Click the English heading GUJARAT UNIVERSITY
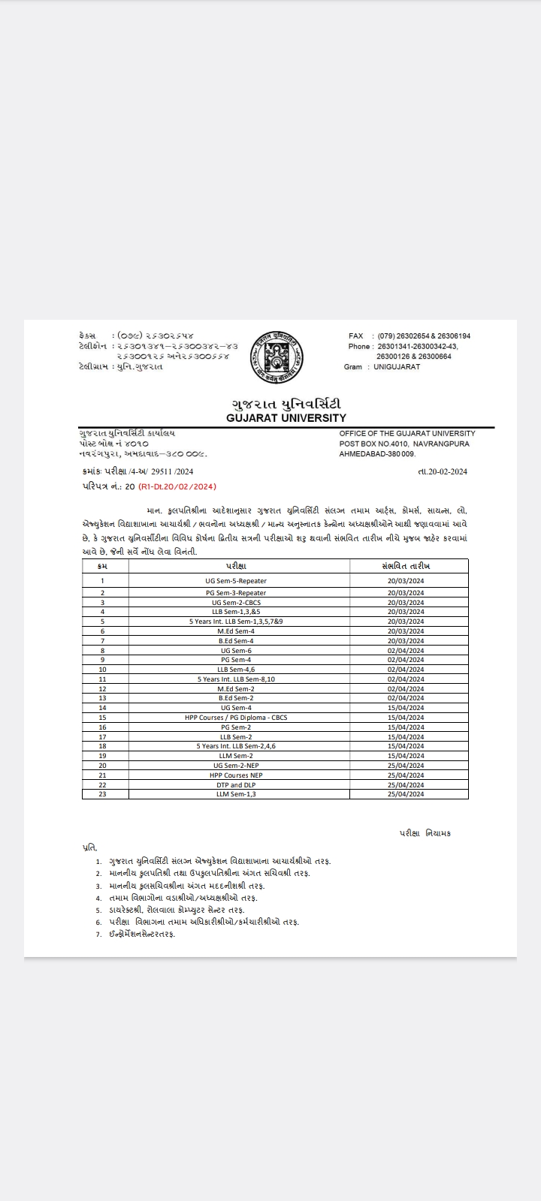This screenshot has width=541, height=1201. [286, 418]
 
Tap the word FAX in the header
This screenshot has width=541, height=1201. [356, 336]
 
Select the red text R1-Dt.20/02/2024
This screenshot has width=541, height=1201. [177, 486]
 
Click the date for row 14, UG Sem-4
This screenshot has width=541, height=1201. [406, 708]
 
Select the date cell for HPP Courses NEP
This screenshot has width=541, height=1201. [406, 775]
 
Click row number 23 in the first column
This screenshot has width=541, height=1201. [102, 794]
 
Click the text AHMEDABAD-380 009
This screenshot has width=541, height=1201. [377, 454]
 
